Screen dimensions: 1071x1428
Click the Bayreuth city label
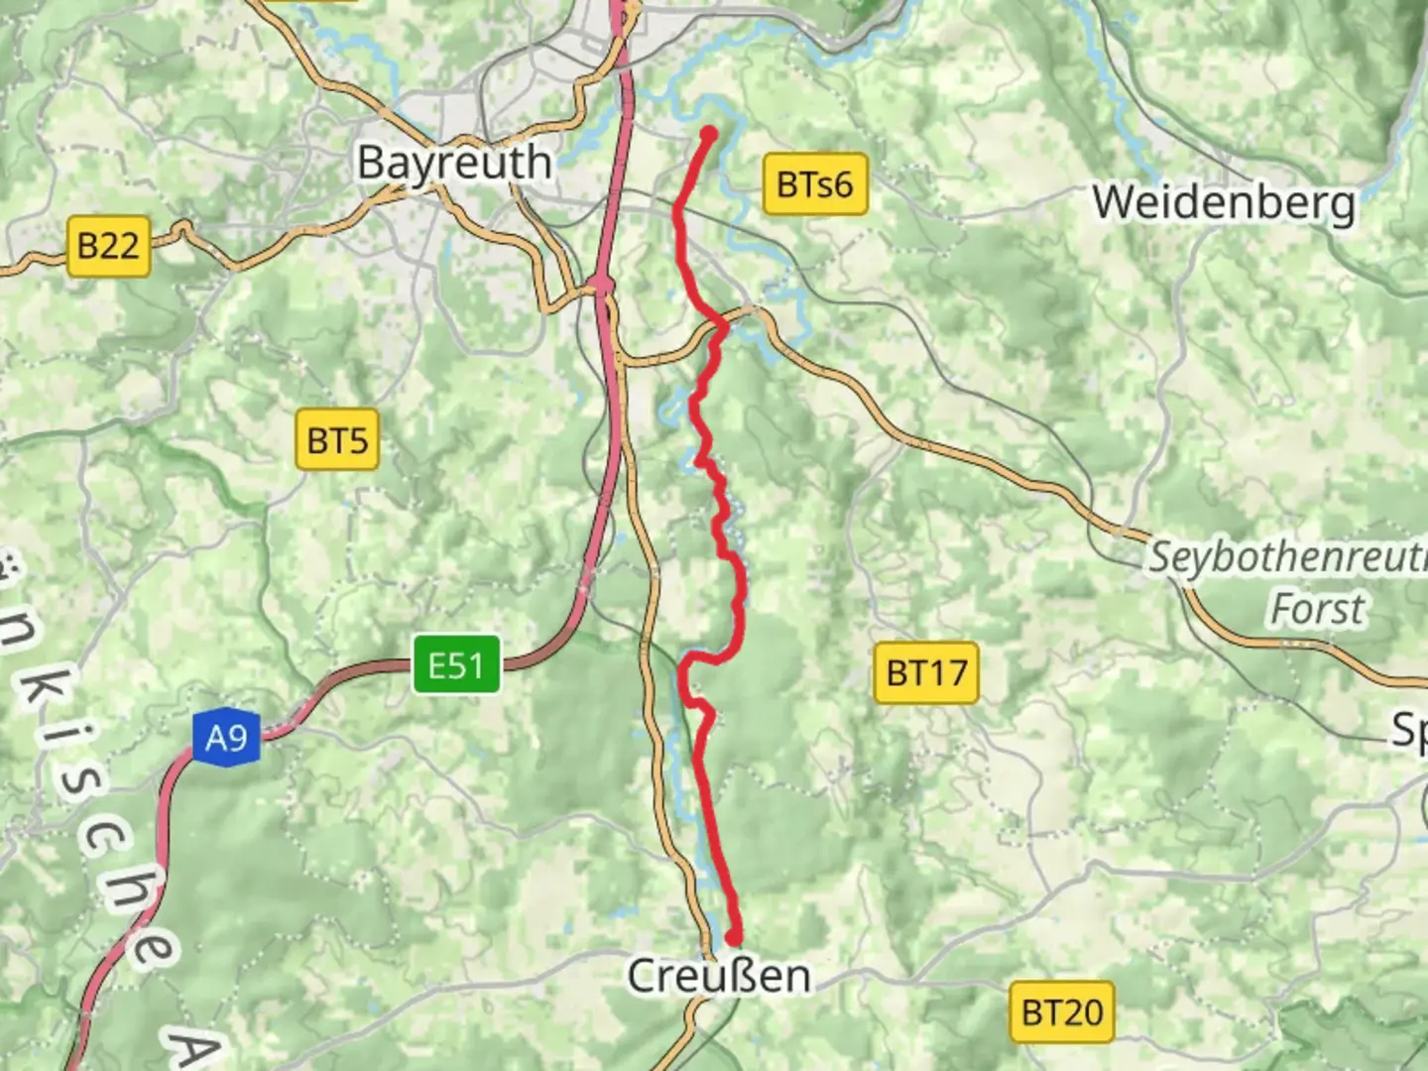(454, 163)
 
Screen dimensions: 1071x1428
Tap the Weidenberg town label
(1224, 203)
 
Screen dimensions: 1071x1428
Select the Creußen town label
(719, 976)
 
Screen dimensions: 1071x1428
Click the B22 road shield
(108, 245)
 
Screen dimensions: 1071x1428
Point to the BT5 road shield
(337, 439)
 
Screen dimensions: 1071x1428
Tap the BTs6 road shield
(814, 184)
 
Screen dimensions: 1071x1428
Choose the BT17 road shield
(926, 672)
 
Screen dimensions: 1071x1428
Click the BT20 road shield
(1062, 1012)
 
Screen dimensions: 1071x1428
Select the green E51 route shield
(456, 665)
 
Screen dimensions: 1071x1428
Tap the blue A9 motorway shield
(226, 738)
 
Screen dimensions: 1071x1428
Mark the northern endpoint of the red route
(709, 134)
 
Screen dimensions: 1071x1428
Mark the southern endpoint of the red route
(734, 936)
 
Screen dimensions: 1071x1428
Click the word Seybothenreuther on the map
(1287, 558)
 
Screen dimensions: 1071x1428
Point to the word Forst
(1318, 608)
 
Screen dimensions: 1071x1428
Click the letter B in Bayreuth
(371, 163)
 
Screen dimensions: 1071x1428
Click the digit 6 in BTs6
(841, 184)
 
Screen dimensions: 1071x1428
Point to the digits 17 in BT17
(949, 672)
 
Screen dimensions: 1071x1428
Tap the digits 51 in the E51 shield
(469, 665)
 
